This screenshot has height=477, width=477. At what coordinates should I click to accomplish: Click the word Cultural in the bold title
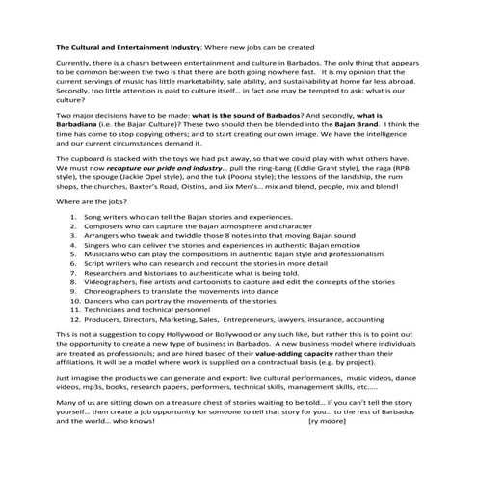pyautogui.click(x=90, y=45)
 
